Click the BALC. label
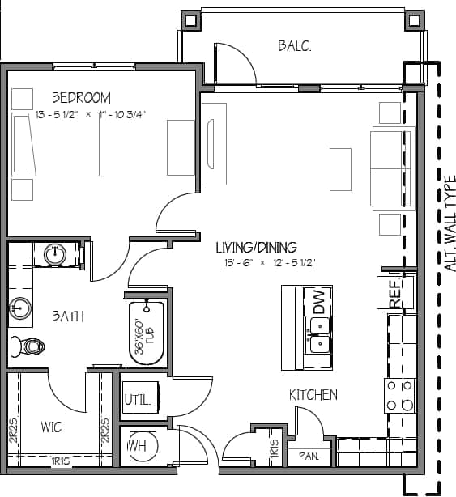coord(295,46)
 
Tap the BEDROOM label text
coord(81,98)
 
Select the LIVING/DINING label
coord(256,248)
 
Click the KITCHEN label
coord(313,395)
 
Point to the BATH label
coord(68,316)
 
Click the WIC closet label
coord(51,427)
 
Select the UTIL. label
coord(135,400)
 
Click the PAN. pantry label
coord(308,457)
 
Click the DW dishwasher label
coord(318,303)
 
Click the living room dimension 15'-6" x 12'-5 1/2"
coord(270,263)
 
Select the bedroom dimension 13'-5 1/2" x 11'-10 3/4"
coord(91,115)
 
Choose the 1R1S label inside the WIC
coord(60,461)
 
